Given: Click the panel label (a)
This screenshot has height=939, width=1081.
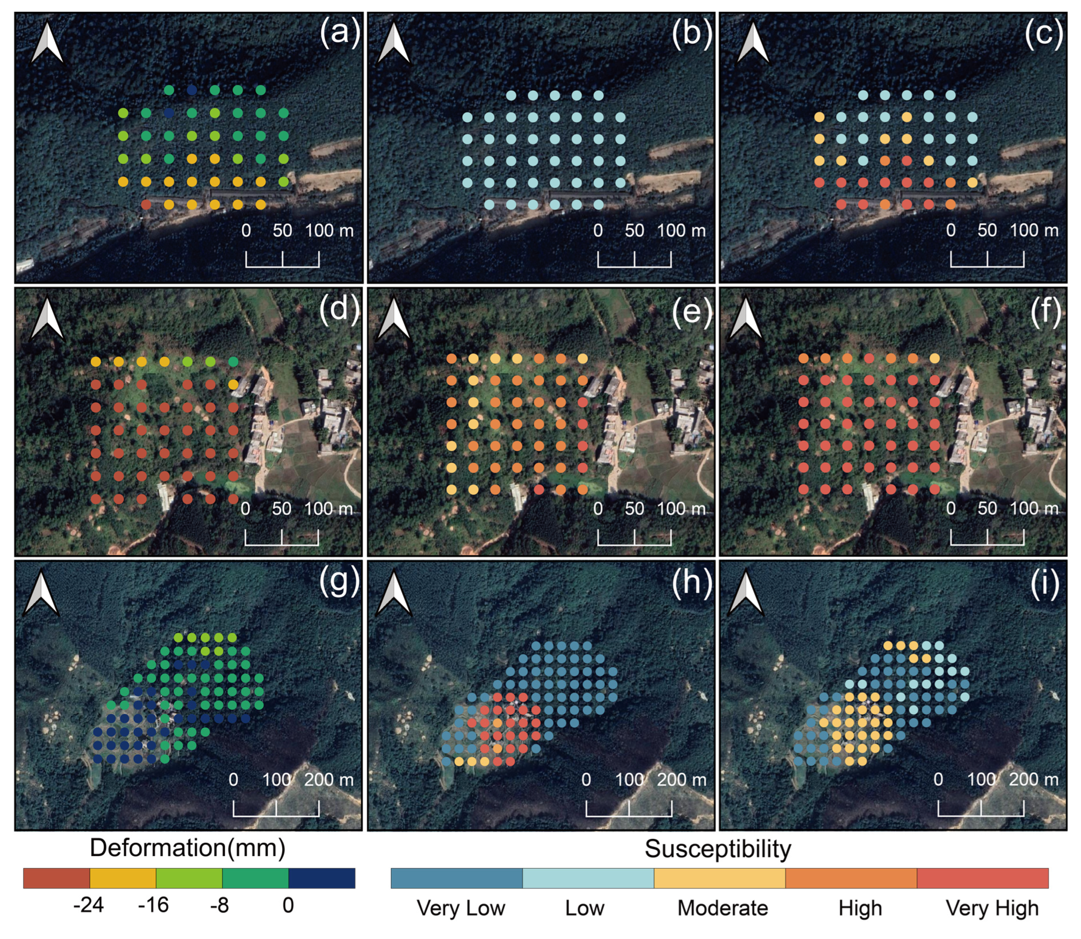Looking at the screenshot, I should coord(339,33).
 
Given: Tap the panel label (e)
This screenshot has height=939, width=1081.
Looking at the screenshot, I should coord(692,311).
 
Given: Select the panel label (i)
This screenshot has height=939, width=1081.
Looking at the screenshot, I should coord(1044,583).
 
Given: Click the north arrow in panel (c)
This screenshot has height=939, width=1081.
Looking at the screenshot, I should coord(753,43).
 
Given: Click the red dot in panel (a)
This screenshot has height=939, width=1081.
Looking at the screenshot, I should coord(146,204).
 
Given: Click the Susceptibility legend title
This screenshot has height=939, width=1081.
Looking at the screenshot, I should coord(718,848).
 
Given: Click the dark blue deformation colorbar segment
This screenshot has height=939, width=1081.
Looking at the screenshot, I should coord(321,878).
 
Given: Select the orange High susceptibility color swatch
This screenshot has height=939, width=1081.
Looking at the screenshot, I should coord(850,878).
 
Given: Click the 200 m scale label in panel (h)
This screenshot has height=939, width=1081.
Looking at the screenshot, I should coord(681,780).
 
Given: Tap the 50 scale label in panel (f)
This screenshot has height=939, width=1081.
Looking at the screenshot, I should coord(987,508).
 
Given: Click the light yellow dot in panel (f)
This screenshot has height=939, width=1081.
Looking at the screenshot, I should coord(934,359).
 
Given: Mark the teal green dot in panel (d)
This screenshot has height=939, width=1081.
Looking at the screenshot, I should coord(233,361).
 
